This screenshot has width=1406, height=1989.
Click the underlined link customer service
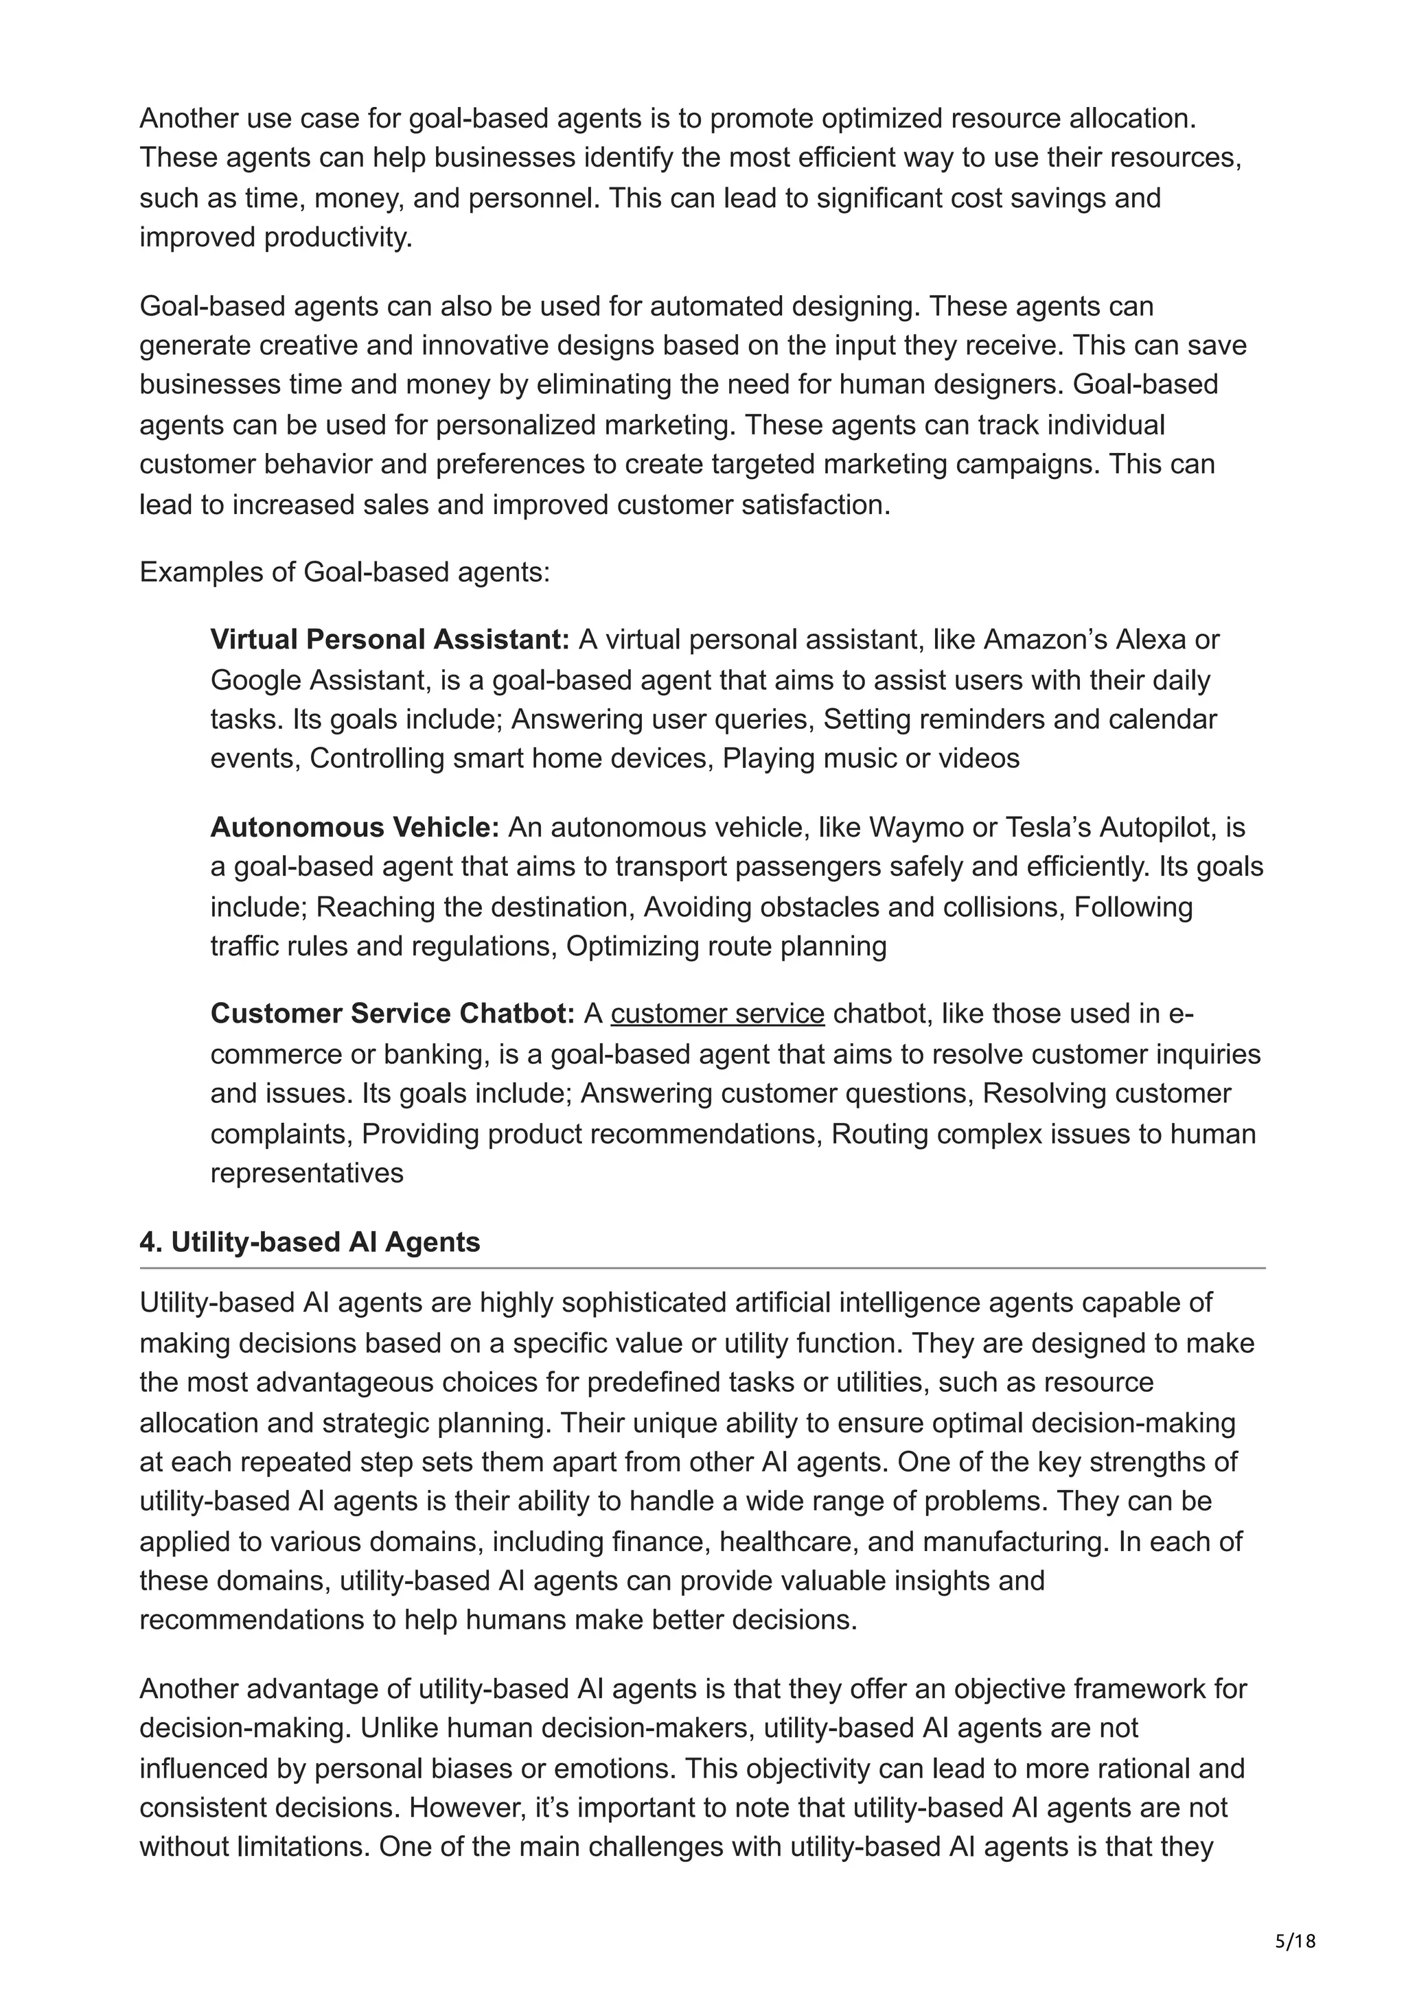point(717,1014)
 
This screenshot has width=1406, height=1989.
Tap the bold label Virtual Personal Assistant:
point(390,640)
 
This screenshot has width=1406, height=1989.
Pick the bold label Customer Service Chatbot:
point(393,1014)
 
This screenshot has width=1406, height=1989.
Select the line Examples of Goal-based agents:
point(345,572)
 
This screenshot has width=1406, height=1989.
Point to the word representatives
point(307,1173)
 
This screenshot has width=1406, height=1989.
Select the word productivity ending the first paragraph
point(338,238)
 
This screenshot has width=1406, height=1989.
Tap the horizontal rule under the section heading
point(702,1268)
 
